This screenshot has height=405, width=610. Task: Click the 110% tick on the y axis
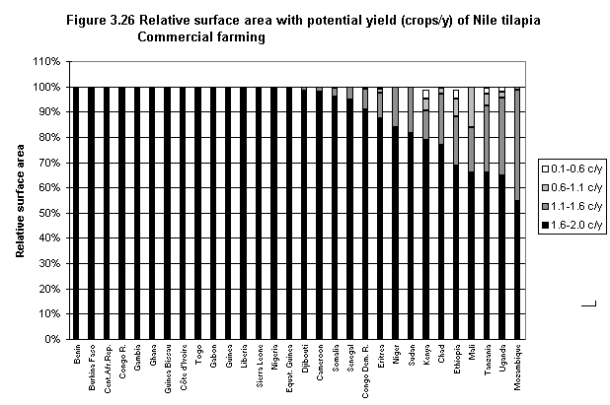click(x=48, y=61)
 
